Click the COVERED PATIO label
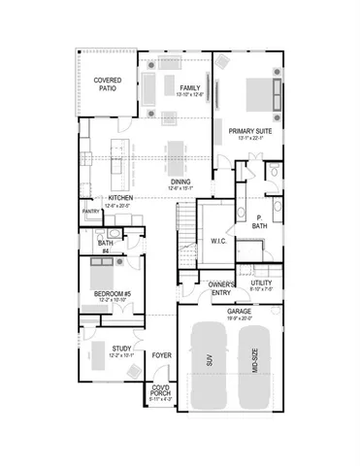[x=107, y=84]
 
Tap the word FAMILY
[x=188, y=87]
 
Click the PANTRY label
[x=90, y=211]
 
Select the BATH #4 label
[x=105, y=247]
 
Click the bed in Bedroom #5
[x=101, y=271]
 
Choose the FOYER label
[x=160, y=356]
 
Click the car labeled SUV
[x=209, y=365]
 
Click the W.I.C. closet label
[x=218, y=241]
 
